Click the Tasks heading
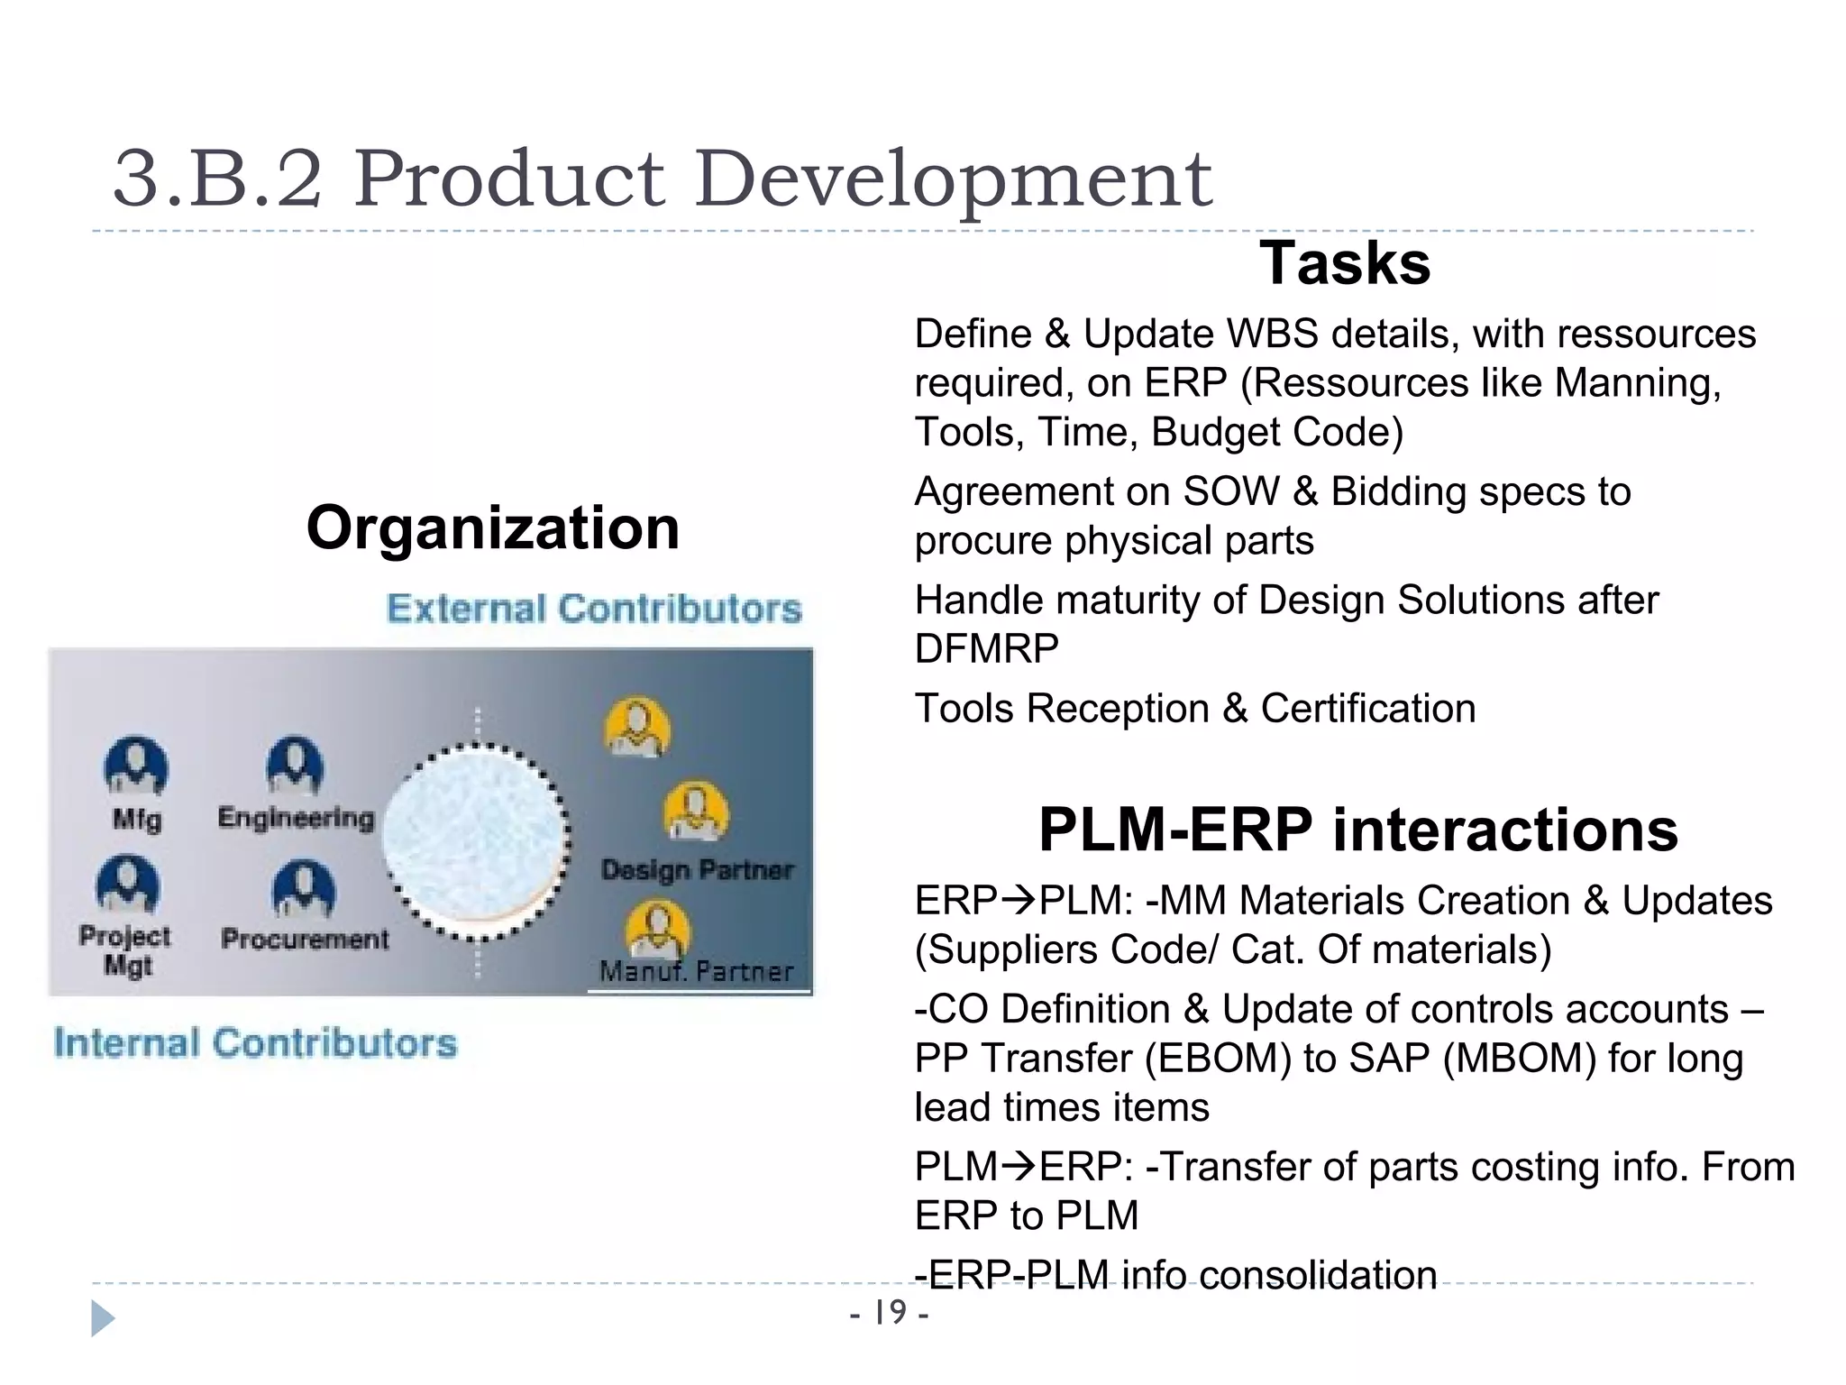click(x=1344, y=263)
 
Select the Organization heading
click(x=492, y=527)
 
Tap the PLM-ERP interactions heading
click(x=1357, y=830)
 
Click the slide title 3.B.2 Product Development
click(x=663, y=179)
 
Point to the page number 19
click(x=890, y=1312)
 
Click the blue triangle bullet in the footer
click(x=103, y=1318)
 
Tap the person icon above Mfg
click(x=136, y=766)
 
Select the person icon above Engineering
click(x=295, y=766)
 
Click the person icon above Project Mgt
click(x=128, y=885)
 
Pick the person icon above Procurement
click(x=304, y=889)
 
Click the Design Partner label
click(x=697, y=870)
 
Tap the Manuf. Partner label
click(x=696, y=972)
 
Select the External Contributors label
click(x=594, y=609)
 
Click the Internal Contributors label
click(x=255, y=1043)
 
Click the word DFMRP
click(x=986, y=649)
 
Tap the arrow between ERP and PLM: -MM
click(x=1019, y=901)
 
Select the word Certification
click(x=1367, y=709)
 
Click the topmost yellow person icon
click(x=637, y=727)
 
